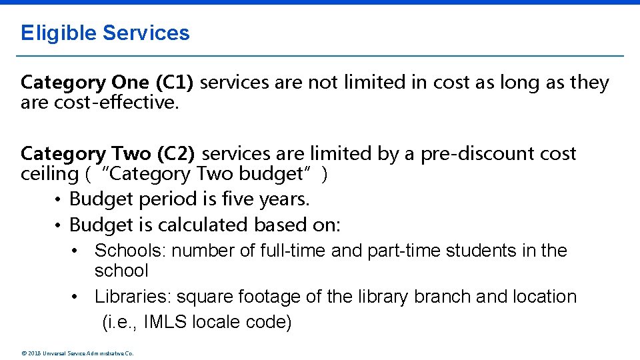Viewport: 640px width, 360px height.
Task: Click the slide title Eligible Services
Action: (x=105, y=33)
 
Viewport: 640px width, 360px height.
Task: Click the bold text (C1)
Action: (x=175, y=83)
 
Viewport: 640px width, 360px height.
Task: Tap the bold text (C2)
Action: (x=175, y=154)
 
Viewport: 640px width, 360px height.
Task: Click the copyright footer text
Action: (x=77, y=353)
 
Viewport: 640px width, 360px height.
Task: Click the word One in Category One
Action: (x=131, y=83)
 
